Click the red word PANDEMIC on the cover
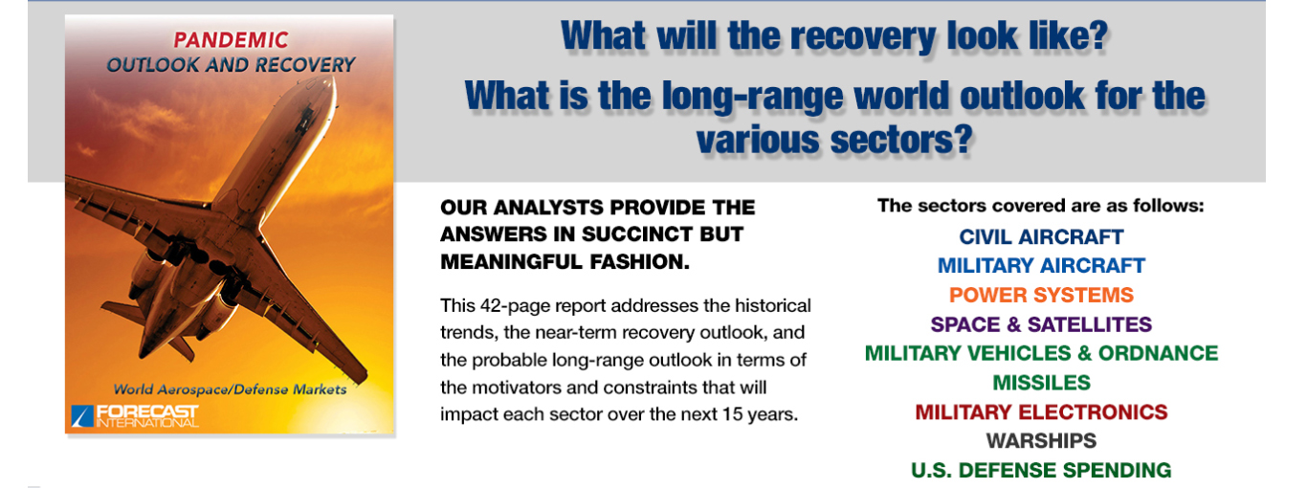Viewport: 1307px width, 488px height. pos(231,39)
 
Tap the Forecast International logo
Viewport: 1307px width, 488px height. pos(135,415)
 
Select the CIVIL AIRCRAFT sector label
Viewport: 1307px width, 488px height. pos(1041,236)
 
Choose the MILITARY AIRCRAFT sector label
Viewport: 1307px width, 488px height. pos(1041,266)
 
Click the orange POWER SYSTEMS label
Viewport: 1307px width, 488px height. pos(1041,295)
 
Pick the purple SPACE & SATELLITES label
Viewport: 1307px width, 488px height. pos(1041,324)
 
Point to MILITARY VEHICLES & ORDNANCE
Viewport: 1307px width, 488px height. pos(1041,353)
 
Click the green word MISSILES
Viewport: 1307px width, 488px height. pos(1041,383)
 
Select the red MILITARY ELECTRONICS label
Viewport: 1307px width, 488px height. pos(1041,412)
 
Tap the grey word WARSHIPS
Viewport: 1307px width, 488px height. pos(1041,441)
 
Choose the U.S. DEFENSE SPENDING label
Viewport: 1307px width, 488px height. pos(1041,470)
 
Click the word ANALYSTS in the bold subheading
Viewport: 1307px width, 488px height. pos(548,208)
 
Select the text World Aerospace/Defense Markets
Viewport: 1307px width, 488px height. pos(230,389)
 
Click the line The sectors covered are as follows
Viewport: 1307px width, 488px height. pos(1040,206)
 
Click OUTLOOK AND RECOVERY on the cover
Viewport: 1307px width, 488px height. pos(231,65)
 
